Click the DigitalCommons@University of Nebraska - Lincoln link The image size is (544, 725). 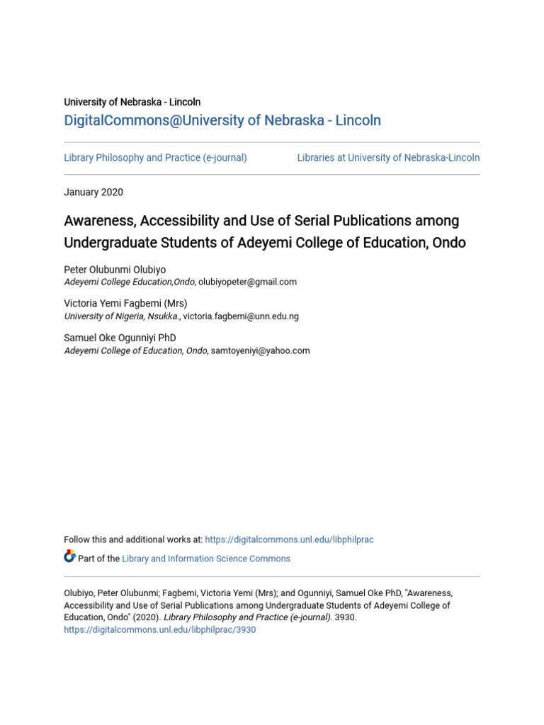tap(222, 120)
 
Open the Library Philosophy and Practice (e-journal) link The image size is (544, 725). tap(155, 158)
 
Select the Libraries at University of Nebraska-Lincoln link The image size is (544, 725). tap(388, 158)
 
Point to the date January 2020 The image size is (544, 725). tap(93, 192)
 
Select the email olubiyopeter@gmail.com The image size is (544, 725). tap(247, 282)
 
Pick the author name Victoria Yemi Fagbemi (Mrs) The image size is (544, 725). tap(125, 304)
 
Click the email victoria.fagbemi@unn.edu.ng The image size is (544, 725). tap(241, 316)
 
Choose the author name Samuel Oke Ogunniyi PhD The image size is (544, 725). tap(120, 338)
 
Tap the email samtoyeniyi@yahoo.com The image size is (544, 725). tap(260, 350)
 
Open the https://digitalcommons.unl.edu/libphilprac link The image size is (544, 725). tap(289, 540)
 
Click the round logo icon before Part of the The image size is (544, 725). tap(69, 557)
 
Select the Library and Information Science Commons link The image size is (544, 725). tap(206, 559)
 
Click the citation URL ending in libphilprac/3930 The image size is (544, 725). tap(159, 629)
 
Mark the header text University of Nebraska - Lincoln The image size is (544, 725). tap(132, 102)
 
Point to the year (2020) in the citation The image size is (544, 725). tap(147, 617)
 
